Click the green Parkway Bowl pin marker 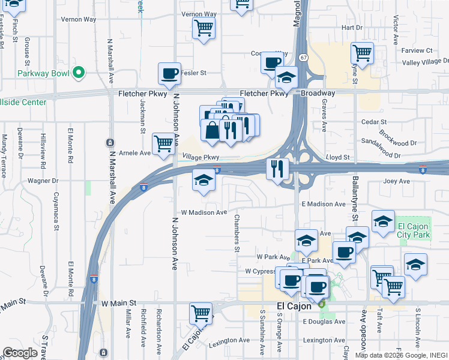(x=78, y=73)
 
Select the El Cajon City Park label (x=414, y=230)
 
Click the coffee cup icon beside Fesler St (x=170, y=74)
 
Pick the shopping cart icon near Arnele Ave (x=163, y=144)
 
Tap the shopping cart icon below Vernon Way (x=203, y=28)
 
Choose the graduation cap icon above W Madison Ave (x=203, y=181)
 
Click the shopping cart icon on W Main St (x=200, y=313)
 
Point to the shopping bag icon (x=212, y=130)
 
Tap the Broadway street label (x=318, y=94)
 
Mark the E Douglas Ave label (x=324, y=322)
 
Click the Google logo (x=20, y=352)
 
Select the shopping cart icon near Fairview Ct (x=362, y=53)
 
